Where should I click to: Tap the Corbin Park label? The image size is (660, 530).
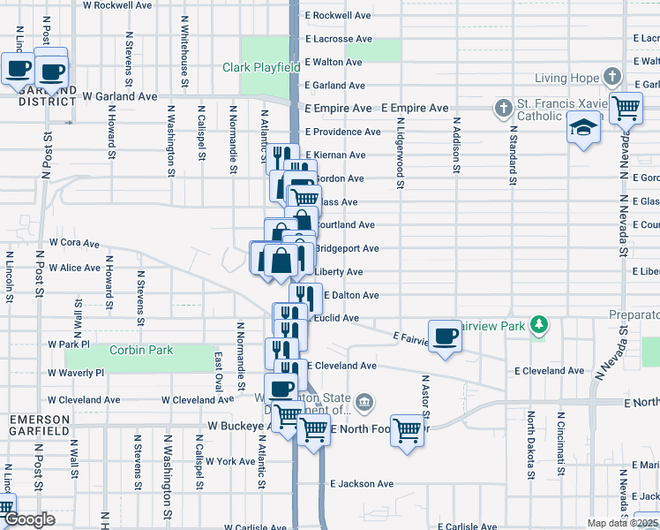click(141, 351)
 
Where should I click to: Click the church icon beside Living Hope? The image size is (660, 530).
click(611, 78)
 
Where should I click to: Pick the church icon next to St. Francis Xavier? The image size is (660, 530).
click(503, 108)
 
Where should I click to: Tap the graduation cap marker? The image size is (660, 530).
click(583, 128)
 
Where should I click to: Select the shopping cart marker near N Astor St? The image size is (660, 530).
click(408, 430)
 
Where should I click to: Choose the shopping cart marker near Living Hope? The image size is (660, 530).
click(626, 107)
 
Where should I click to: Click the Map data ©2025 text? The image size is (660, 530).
click(622, 523)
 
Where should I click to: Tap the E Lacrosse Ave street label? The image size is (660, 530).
click(339, 39)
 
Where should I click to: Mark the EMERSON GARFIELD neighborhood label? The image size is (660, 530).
click(40, 425)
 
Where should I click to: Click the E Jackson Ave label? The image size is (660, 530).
click(362, 484)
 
